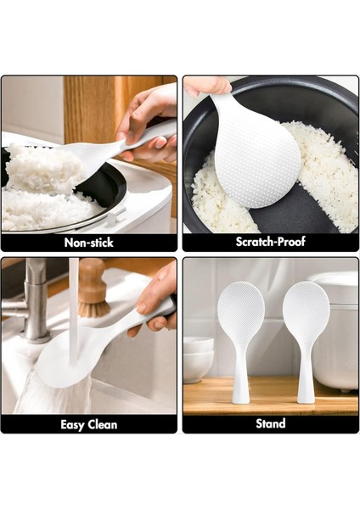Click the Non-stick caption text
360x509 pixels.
(x=89, y=242)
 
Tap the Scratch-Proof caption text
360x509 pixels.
(x=271, y=242)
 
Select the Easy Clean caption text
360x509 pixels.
(x=89, y=423)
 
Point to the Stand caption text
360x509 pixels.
(x=271, y=423)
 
